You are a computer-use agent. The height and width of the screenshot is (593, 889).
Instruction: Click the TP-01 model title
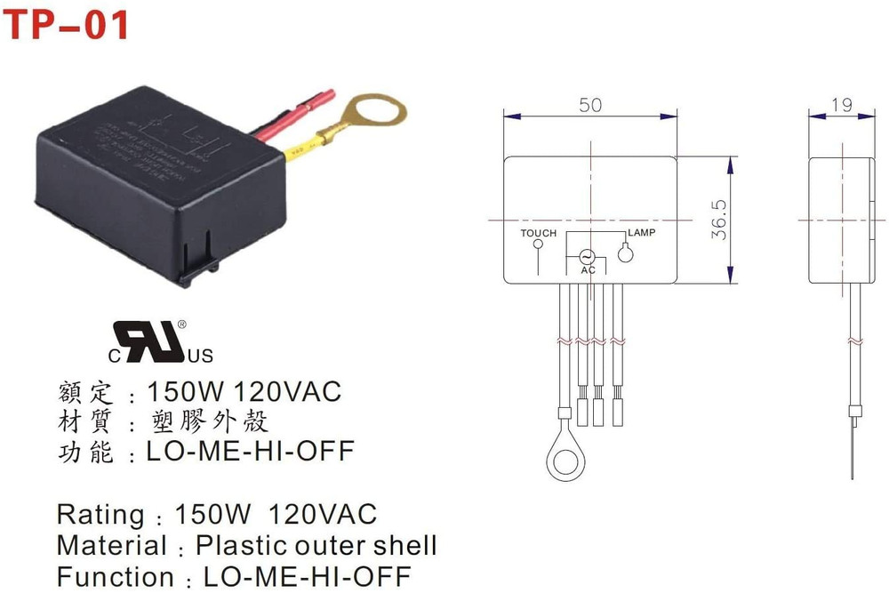[66, 24]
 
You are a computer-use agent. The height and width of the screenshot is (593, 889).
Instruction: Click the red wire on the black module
[293, 116]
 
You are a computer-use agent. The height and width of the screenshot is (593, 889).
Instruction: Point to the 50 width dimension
[590, 105]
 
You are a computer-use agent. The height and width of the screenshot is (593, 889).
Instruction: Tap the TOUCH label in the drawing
[539, 233]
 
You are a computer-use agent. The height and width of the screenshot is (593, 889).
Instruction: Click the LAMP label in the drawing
[641, 233]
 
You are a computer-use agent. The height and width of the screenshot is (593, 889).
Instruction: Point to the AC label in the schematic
[588, 269]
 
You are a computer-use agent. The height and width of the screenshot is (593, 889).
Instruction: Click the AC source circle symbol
[588, 254]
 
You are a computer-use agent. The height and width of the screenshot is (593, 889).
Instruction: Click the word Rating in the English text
[100, 514]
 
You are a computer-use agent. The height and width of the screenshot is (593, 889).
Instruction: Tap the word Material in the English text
[111, 545]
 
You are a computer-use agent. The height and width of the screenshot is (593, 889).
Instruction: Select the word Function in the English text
[116, 576]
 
